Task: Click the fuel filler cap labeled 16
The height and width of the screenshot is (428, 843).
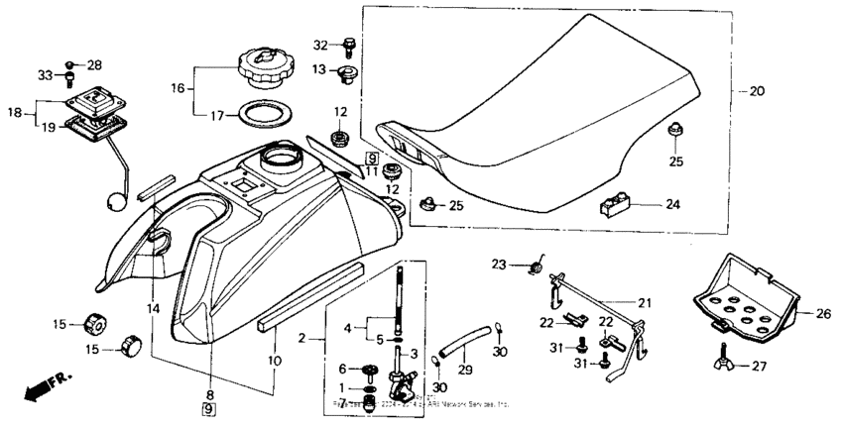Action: coord(262,68)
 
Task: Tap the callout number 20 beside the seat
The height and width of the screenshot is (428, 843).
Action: coord(757,91)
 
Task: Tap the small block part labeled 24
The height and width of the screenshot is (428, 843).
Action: coord(615,206)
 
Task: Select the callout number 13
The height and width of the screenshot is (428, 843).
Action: coord(320,69)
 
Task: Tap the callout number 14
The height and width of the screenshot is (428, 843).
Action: coord(153,309)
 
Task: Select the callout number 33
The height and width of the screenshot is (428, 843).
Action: coord(44,74)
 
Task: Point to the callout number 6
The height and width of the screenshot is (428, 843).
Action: coord(343,369)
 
